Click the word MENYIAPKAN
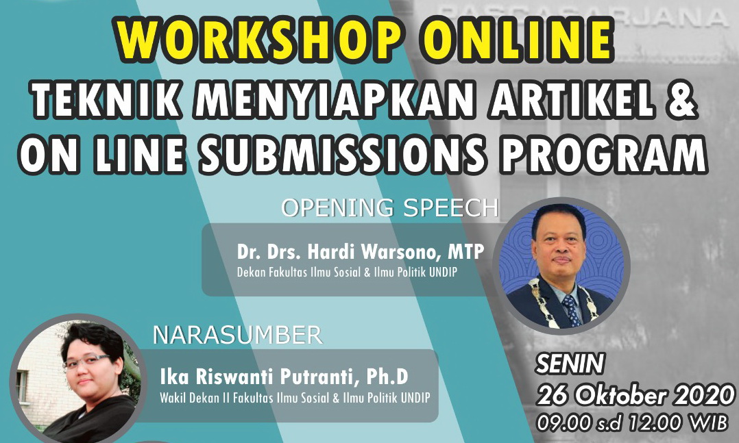point(335,100)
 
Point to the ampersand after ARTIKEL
point(683,100)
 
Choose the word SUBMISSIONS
point(343,153)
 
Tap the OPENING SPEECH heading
point(390,207)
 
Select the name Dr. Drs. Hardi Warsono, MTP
point(361,252)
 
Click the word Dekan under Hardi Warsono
point(251,272)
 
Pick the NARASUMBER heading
point(237,336)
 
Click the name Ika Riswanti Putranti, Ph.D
point(284,377)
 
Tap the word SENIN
point(570,364)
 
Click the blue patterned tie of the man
point(572,311)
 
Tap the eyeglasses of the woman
point(86,361)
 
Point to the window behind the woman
point(21,387)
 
